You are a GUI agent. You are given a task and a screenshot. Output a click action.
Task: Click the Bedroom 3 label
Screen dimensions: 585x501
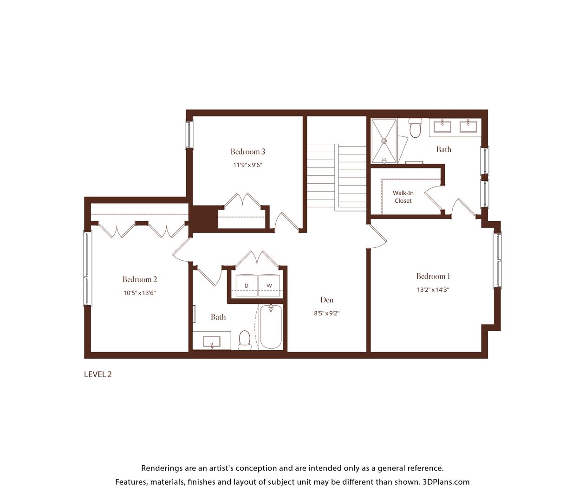[x=247, y=152]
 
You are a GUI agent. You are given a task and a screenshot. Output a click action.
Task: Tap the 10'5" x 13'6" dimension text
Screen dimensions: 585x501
[x=140, y=293]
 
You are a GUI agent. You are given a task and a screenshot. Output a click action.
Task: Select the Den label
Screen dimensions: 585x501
[x=327, y=300]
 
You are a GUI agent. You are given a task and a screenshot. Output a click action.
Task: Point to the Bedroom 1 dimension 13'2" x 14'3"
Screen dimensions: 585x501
[x=433, y=289]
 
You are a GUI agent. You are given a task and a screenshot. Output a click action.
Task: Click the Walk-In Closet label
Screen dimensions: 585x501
[x=403, y=197]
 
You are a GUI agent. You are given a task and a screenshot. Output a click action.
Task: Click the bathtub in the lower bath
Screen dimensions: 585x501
[x=271, y=327]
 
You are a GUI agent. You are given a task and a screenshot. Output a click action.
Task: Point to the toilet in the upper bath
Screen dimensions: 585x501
[x=416, y=128]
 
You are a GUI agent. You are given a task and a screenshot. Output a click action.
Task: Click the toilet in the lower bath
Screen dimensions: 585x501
[x=245, y=340]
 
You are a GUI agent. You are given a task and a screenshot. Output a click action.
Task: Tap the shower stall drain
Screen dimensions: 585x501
[x=384, y=141]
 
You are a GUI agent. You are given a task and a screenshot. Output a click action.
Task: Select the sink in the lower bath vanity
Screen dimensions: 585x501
[x=212, y=342]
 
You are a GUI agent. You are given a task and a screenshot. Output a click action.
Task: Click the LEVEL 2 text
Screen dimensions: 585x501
[x=98, y=374]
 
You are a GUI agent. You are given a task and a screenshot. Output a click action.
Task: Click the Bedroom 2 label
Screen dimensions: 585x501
[x=140, y=279]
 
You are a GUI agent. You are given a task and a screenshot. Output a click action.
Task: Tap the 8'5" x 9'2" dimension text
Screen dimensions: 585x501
[x=326, y=313]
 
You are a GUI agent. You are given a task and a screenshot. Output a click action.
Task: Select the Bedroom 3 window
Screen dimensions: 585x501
[x=189, y=135]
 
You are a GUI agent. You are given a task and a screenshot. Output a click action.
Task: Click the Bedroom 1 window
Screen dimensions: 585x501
[x=497, y=260]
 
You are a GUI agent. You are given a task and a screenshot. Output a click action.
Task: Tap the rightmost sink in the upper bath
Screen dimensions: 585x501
[x=468, y=126]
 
